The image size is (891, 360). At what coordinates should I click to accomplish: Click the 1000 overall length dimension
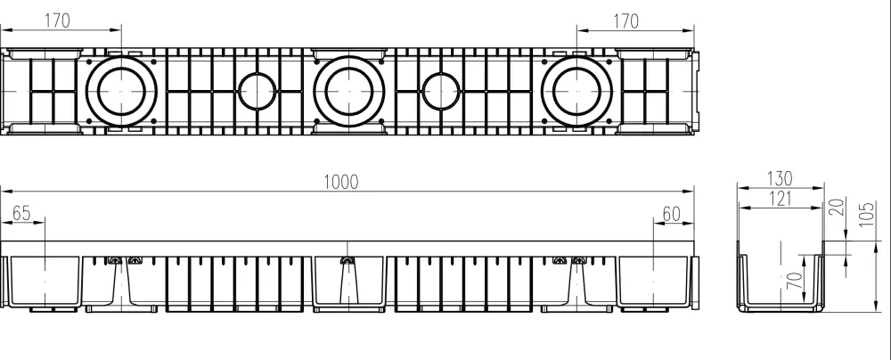coord(340,182)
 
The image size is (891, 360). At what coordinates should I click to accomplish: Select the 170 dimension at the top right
coord(626,20)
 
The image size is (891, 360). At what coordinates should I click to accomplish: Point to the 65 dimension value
coord(22,214)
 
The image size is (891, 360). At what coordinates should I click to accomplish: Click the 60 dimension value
coord(671,214)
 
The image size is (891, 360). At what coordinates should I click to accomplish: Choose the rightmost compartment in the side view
coord(655,282)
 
